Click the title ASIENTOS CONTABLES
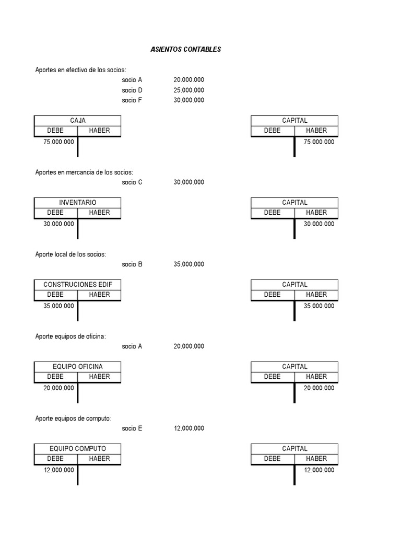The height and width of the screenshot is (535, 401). (186, 50)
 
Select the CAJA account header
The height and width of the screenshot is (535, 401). (77, 121)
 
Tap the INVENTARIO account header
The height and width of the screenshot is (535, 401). (77, 203)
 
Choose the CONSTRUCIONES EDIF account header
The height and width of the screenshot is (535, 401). (77, 285)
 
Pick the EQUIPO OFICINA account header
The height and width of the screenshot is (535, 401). (77, 367)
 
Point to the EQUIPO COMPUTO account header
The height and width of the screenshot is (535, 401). (77, 449)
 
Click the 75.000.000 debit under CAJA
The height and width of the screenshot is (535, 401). (58, 142)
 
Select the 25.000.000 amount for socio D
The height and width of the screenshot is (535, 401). (188, 90)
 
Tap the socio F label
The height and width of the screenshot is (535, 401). (132, 100)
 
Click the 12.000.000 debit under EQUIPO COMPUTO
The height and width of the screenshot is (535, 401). (58, 470)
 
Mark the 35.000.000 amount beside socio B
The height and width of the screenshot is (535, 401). (188, 264)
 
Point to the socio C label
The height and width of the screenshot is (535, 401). (132, 182)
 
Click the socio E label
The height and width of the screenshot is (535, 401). (132, 428)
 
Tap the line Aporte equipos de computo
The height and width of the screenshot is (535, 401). (73, 418)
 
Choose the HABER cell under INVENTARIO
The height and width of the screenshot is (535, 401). (99, 213)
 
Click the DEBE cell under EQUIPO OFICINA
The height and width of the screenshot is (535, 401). (55, 377)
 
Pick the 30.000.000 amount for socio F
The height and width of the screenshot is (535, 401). (188, 100)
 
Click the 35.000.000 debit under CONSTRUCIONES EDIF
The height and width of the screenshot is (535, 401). (58, 306)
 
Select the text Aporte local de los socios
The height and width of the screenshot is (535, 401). (70, 254)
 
